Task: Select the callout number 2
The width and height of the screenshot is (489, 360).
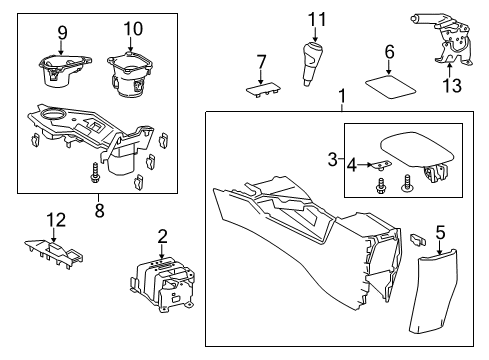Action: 162,236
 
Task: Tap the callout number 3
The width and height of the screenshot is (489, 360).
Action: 333,159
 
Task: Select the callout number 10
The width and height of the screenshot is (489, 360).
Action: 133,30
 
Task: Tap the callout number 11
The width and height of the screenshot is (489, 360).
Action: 317,19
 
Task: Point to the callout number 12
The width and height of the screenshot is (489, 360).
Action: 57,219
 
